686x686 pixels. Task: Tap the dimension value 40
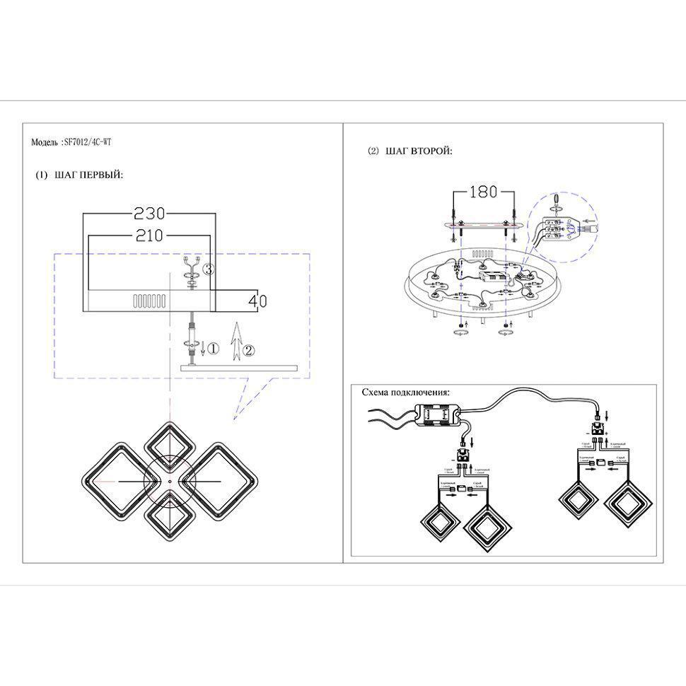258,301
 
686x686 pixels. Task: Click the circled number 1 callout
214,348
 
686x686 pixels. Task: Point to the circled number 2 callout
248,349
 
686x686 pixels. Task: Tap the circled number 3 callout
208,269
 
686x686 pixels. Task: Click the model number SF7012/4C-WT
88,142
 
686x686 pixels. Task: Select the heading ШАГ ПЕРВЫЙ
88,175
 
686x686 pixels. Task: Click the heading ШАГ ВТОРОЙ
419,151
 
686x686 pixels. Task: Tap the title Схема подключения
405,392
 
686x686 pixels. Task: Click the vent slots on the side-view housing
149,301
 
